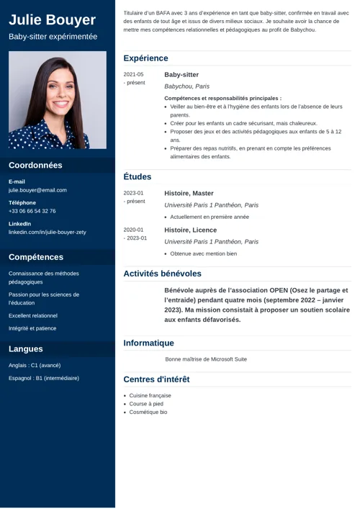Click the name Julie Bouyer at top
(52, 19)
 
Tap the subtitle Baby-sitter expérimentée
(53, 36)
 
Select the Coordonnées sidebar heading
(35, 165)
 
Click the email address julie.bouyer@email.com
(37, 190)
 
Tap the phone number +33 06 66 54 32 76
(32, 211)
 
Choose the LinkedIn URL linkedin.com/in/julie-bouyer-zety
(48, 233)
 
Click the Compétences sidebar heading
(36, 257)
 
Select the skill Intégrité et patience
(32, 328)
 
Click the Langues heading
(26, 349)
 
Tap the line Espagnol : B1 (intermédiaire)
(44, 378)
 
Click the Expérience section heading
(145, 58)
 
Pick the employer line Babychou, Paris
(186, 86)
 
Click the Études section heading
(138, 176)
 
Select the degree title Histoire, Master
(189, 194)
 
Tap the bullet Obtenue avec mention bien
(203, 253)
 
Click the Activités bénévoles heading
(162, 274)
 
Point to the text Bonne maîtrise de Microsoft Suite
(206, 359)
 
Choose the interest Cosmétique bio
(148, 413)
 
